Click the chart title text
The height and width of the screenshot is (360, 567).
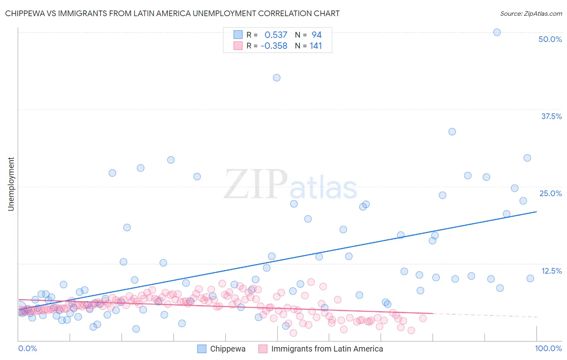coord(172,13)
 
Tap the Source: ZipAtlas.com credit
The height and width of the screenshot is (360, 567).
coord(531,13)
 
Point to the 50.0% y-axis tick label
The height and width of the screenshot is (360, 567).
coord(550,39)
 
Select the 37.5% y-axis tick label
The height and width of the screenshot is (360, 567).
coord(551,116)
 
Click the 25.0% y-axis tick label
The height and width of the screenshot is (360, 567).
coord(550,193)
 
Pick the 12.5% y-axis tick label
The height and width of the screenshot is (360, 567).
coord(551,271)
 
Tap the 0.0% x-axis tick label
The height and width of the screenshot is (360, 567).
coord(27,348)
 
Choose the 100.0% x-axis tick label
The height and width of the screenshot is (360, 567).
coord(548,348)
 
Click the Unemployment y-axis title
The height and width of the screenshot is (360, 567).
coord(11,184)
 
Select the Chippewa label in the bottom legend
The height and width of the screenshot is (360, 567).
coord(227,349)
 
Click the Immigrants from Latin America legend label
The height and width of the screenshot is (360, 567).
coord(327,349)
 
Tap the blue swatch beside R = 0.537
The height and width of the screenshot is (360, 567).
coord(238,35)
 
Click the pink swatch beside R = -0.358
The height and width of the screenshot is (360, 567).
coord(238,46)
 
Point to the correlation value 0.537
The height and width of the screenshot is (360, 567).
coord(276,35)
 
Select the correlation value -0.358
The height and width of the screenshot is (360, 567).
coord(274,46)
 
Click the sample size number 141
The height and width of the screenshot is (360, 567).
coord(316,46)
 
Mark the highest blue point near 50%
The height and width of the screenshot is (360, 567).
coord(497,32)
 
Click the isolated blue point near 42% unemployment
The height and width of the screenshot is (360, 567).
coord(277,78)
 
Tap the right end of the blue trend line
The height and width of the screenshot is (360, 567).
coord(536,211)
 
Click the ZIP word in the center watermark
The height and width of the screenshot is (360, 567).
coord(256,185)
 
